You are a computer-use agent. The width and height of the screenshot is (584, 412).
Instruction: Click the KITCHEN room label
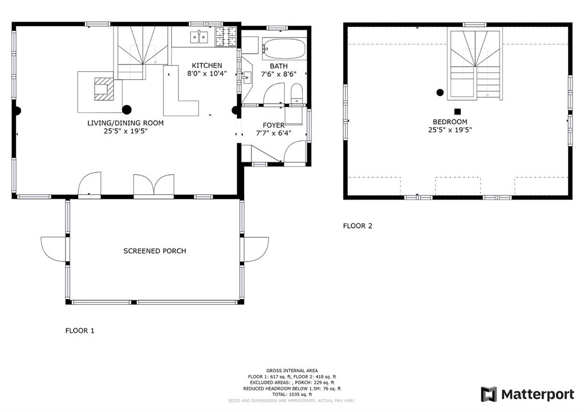[x=206, y=66]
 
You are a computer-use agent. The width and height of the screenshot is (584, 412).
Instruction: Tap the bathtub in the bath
[x=284, y=49]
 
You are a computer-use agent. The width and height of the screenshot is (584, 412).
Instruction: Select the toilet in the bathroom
[x=297, y=93]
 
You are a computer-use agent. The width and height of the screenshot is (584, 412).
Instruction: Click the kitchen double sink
[x=199, y=37]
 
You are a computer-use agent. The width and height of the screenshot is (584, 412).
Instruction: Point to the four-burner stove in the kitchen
[x=226, y=37]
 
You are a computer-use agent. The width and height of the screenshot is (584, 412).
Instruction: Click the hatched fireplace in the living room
[x=104, y=89]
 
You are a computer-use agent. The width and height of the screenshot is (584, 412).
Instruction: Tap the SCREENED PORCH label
[x=155, y=251]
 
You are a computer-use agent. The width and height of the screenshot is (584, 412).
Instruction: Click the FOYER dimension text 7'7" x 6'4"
[x=273, y=133]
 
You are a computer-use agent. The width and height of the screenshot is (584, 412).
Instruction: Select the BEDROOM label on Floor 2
[x=450, y=122]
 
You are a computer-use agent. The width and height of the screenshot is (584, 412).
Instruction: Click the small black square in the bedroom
[x=458, y=111]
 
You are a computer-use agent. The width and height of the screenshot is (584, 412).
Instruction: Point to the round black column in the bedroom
[x=440, y=93]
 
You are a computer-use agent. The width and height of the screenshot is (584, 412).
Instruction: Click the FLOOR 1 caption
[x=80, y=331]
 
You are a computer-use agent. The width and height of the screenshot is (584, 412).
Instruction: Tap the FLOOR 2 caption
[x=358, y=226]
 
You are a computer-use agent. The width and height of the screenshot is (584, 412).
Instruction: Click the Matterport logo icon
[x=489, y=394]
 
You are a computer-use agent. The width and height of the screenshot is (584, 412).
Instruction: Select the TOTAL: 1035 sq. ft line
[x=292, y=394]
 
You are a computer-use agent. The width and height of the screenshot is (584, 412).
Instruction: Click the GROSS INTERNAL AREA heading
[x=292, y=371]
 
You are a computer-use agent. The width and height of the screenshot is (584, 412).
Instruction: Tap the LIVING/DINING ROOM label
[x=125, y=123]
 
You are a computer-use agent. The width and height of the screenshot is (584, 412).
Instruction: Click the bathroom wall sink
[x=246, y=79]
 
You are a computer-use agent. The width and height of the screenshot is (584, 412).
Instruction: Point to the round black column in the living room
[x=127, y=109]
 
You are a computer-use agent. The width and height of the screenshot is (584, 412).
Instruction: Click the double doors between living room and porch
[x=154, y=185]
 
